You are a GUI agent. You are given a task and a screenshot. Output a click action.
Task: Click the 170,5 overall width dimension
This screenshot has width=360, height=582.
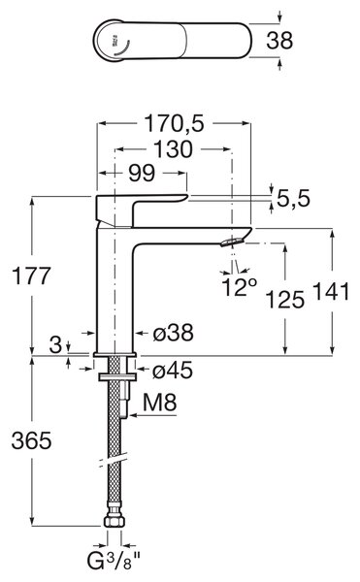pyautogui.click(x=174, y=123)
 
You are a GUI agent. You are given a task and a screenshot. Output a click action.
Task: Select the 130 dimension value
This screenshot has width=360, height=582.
pyautogui.click(x=174, y=149)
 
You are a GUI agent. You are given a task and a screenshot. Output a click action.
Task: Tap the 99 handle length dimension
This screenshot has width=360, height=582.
pyautogui.click(x=142, y=173)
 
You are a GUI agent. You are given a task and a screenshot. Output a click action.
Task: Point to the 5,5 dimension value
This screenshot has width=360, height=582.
pyautogui.click(x=293, y=198)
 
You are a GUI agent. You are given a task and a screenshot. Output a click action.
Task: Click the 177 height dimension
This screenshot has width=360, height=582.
pyautogui.click(x=31, y=275)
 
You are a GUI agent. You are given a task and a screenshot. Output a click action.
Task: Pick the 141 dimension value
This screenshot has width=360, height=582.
pyautogui.click(x=332, y=291)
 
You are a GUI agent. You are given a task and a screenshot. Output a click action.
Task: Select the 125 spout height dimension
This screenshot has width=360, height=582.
pyautogui.click(x=285, y=299)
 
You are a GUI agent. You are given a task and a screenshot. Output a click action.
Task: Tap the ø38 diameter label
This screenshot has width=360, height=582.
pyautogui.click(x=174, y=332)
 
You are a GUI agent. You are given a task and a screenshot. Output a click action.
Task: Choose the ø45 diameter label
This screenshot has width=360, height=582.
pyautogui.click(x=173, y=371)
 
